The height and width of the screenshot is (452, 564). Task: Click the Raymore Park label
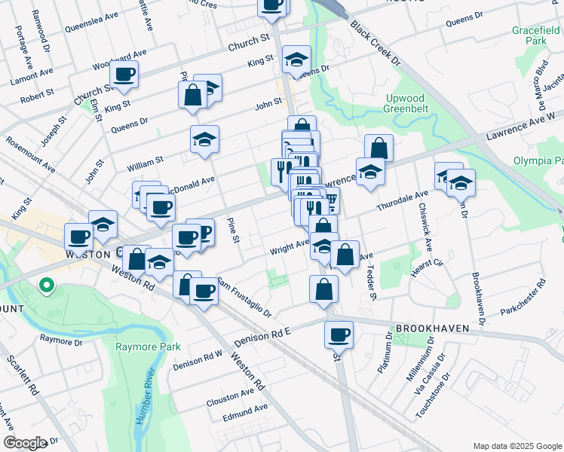[149, 347]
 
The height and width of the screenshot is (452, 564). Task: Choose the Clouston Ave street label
[231, 394]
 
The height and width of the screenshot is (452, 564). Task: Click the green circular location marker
[46, 286]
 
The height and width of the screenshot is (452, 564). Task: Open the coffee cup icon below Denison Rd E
[339, 334]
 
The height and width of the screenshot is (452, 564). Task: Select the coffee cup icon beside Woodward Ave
[124, 74]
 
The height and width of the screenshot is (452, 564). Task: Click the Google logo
[25, 442]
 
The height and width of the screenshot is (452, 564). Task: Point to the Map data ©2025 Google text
[517, 446]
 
